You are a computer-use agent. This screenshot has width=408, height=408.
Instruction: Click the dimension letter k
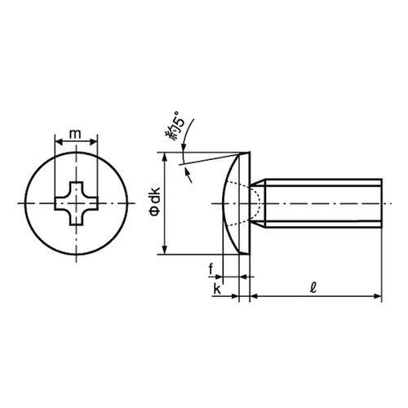(216, 289)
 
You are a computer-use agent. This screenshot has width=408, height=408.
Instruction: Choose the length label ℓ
(315, 288)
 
